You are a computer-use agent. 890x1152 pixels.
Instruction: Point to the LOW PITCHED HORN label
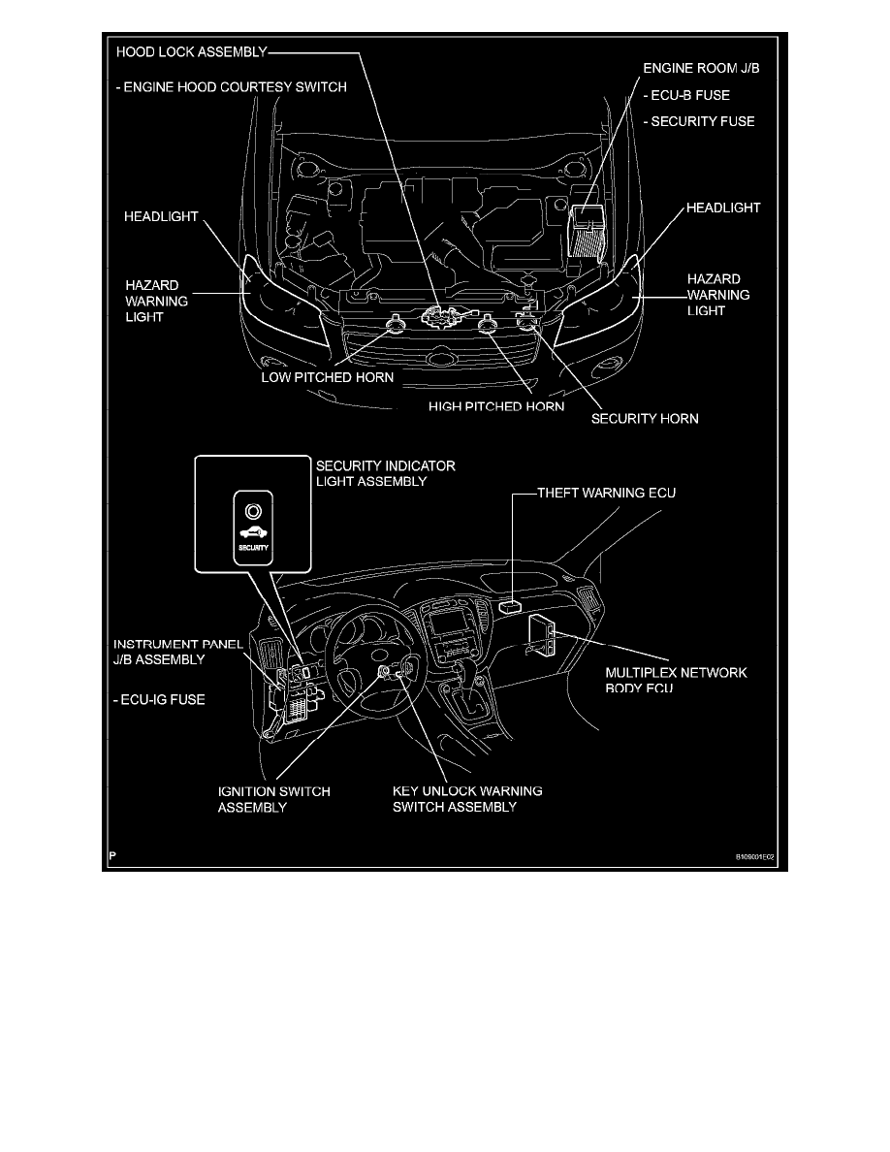click(x=328, y=377)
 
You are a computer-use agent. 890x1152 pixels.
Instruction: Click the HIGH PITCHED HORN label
click(x=496, y=406)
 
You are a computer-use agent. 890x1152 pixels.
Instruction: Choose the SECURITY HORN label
click(x=645, y=420)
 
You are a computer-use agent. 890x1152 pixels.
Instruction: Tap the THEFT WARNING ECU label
click(x=607, y=493)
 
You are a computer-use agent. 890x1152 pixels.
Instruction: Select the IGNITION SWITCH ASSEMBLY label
click(x=272, y=798)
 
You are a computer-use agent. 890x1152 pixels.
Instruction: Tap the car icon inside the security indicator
click(x=252, y=532)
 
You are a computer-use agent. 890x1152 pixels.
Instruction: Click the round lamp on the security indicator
click(x=252, y=510)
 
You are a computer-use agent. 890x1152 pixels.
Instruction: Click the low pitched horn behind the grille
click(x=396, y=323)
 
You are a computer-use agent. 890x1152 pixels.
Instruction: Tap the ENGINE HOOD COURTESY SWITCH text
click(x=231, y=87)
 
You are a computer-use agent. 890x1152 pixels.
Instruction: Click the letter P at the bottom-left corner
click(x=113, y=856)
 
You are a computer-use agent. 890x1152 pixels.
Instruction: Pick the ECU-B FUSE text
click(x=687, y=96)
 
